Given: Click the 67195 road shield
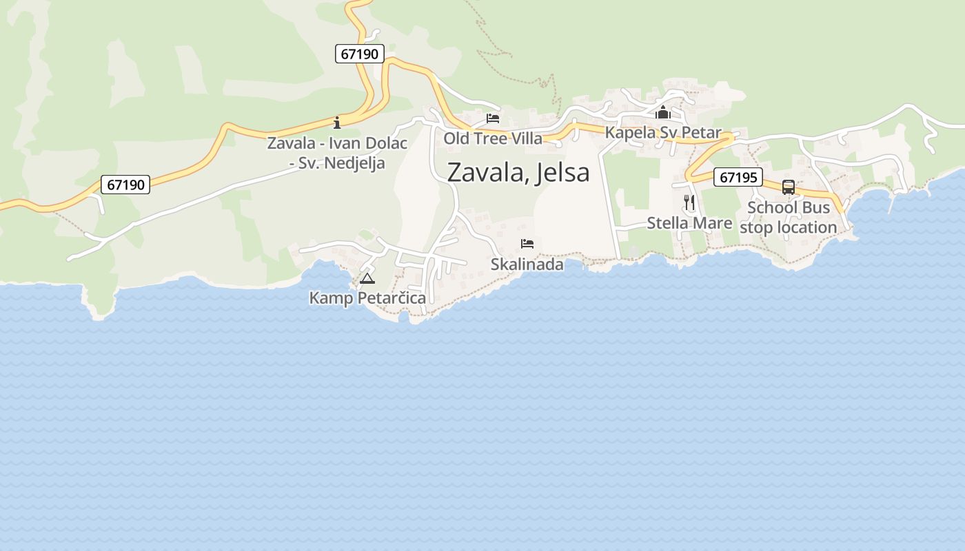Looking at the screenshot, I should [x=738, y=177].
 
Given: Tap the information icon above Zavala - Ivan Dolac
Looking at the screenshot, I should [x=337, y=123].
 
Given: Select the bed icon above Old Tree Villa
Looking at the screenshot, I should [x=492, y=118].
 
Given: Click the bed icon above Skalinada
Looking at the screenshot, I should [x=527, y=244].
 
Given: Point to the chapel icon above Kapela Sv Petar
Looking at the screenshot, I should [x=663, y=112].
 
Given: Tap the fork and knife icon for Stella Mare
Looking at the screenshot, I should [x=689, y=202].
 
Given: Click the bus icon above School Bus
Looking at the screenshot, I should [x=789, y=187].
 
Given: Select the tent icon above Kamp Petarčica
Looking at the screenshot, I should [x=367, y=279].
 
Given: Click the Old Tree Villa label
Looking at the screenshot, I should [x=493, y=138].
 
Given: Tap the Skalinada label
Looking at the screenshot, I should [x=527, y=264].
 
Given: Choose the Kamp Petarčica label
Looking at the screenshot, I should [x=367, y=298].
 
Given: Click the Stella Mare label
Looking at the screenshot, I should [x=689, y=223].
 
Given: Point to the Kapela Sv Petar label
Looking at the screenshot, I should [x=663, y=133].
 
